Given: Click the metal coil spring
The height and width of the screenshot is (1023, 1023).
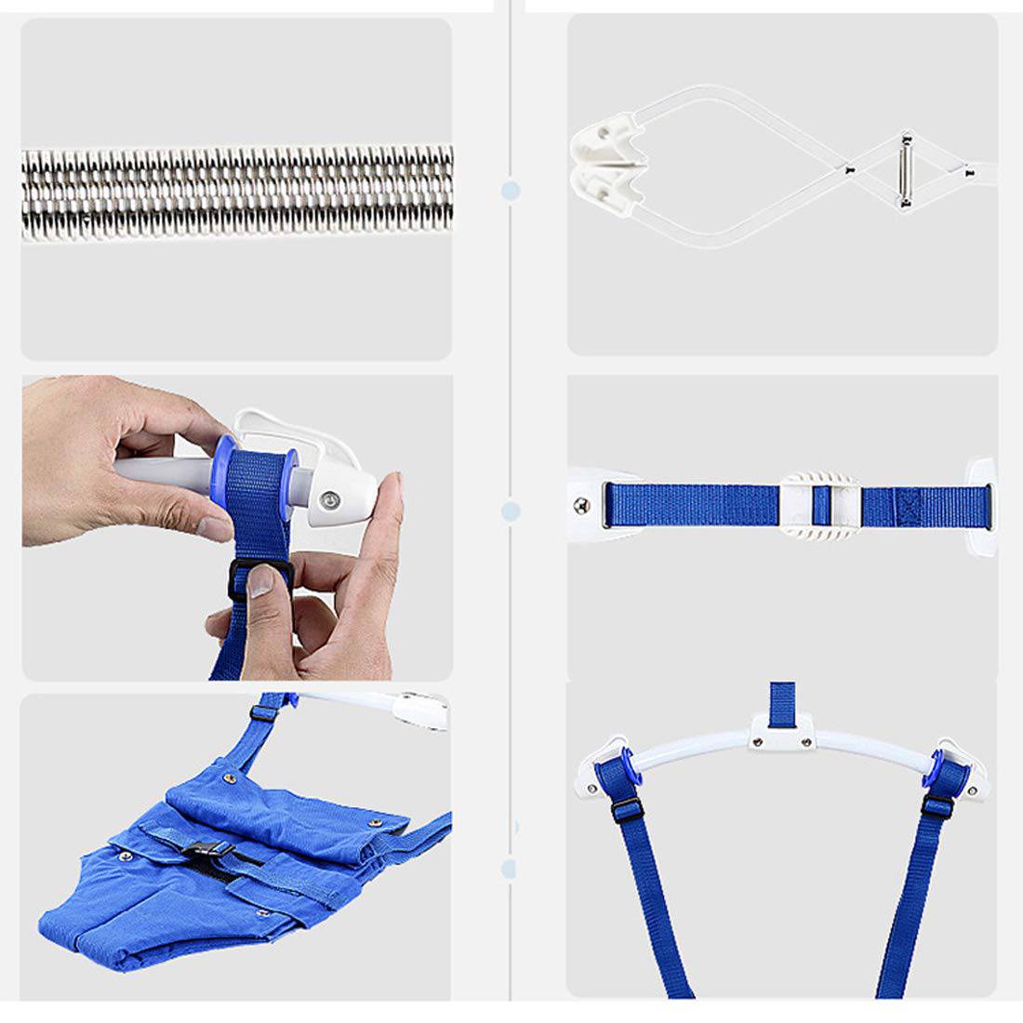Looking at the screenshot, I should [237, 193].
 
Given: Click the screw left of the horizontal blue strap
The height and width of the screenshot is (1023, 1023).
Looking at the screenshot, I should [582, 506].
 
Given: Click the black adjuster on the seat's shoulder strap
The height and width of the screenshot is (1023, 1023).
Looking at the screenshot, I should [266, 713].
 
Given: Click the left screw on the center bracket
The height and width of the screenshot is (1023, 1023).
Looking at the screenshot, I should [758, 740].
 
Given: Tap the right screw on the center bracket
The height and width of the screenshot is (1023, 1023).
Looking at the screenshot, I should [806, 740].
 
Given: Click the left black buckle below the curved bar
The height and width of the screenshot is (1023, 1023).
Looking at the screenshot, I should [625, 808].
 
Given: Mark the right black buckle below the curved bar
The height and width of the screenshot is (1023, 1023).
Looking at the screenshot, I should [937, 805].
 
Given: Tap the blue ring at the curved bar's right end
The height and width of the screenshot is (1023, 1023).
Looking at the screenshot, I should [948, 768].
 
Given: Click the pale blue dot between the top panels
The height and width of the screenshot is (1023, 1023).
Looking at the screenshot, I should [510, 191].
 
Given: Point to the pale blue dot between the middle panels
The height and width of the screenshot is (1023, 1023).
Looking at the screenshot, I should [510, 511].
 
